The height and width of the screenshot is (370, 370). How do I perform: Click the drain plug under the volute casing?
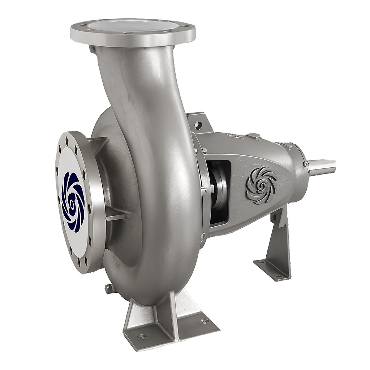pyautogui.click(x=108, y=288)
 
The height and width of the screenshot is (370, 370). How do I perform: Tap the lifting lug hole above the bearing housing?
pyautogui.click(x=197, y=126)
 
